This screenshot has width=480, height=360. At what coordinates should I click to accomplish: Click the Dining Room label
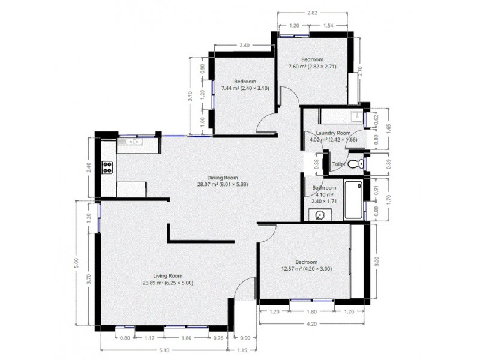(223, 178)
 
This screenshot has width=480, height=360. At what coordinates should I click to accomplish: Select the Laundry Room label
(330, 133)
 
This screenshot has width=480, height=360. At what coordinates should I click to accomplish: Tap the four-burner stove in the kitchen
(108, 167)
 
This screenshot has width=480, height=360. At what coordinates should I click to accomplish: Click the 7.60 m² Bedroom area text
(312, 67)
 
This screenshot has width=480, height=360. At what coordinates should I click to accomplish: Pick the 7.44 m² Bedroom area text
(245, 88)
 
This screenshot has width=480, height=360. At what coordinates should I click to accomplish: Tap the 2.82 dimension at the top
(313, 12)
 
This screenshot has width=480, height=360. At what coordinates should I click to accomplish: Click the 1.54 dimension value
(328, 26)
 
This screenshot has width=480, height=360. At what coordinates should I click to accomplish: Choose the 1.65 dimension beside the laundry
(388, 128)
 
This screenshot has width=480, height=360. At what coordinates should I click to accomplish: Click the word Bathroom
(324, 188)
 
